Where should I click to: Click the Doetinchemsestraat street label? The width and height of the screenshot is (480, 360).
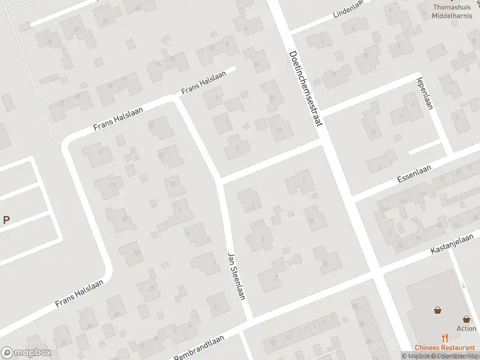tap(305, 88)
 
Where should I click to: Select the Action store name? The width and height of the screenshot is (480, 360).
tap(466, 328)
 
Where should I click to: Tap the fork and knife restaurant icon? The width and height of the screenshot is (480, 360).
tap(445, 338)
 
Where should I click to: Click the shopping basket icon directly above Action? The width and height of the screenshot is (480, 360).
tap(466, 319)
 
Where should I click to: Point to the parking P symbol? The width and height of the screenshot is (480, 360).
tap(6, 220)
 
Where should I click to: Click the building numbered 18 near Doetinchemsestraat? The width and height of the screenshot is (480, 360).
tap(325, 263)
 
